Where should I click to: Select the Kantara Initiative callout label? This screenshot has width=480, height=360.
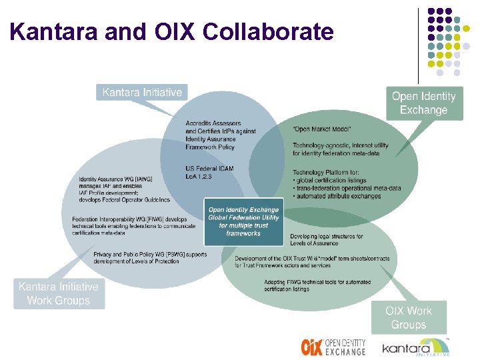pyautogui.click(x=142, y=92)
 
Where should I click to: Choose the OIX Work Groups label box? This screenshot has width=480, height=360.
pyautogui.click(x=408, y=318)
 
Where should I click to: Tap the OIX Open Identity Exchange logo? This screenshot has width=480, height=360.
pyautogui.click(x=333, y=347)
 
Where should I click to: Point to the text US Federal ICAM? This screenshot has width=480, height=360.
pyautogui.click(x=209, y=168)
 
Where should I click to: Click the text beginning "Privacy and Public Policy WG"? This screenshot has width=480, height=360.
pyautogui.click(x=150, y=254)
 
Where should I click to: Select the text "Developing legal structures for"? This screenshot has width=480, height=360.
pyautogui.click(x=327, y=237)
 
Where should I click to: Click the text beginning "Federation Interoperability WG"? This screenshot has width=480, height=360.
pyautogui.click(x=129, y=219)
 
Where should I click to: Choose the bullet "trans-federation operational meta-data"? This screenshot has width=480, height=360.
pyautogui.click(x=347, y=188)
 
